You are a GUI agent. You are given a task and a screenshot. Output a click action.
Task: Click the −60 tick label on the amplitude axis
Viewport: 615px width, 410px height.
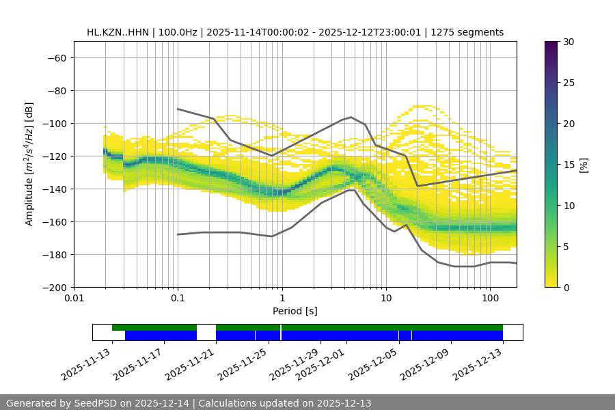pos(56,57)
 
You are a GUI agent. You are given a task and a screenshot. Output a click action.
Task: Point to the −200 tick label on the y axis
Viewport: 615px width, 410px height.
pos(53,287)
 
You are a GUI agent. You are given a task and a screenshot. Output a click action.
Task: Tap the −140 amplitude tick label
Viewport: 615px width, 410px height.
pos(53,189)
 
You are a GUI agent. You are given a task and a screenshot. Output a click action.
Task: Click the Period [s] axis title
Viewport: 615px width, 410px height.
pos(295,311)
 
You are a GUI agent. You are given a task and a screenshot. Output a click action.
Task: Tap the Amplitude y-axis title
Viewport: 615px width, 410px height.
pos(29,164)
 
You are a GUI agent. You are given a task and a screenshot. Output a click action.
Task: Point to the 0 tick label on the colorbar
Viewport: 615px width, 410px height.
pos(566,287)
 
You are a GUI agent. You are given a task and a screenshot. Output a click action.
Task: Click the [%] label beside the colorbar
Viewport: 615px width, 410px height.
pos(584,165)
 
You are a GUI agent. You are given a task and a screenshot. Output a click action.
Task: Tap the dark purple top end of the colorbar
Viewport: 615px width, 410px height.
pos(551,45)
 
